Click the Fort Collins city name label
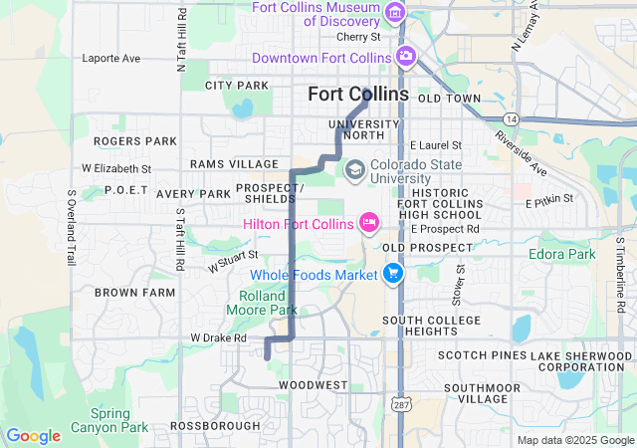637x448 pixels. point(358,94)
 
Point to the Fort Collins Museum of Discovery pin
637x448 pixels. point(396,13)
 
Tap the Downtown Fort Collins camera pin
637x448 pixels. point(405,56)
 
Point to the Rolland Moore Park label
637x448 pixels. point(268,303)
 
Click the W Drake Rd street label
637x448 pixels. point(219,337)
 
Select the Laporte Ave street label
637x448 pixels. point(111,59)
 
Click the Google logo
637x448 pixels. point(33,435)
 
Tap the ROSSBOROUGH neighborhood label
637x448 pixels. point(215,425)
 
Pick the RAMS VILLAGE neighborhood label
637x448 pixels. point(235,163)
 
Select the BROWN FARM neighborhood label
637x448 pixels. point(134,293)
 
